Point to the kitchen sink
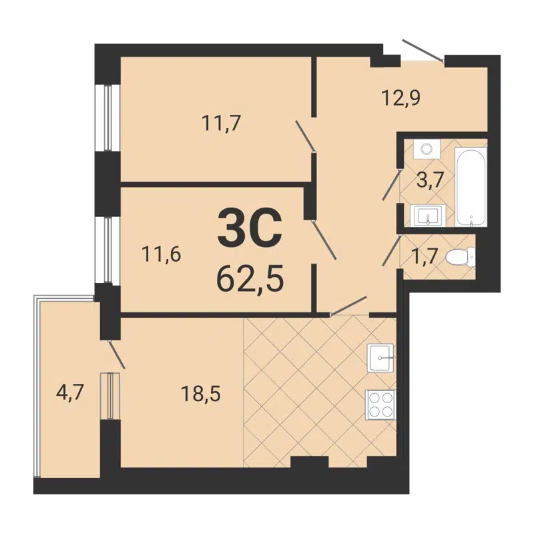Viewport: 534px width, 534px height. click(381, 358)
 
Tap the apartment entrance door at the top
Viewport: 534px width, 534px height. click(423, 51)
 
